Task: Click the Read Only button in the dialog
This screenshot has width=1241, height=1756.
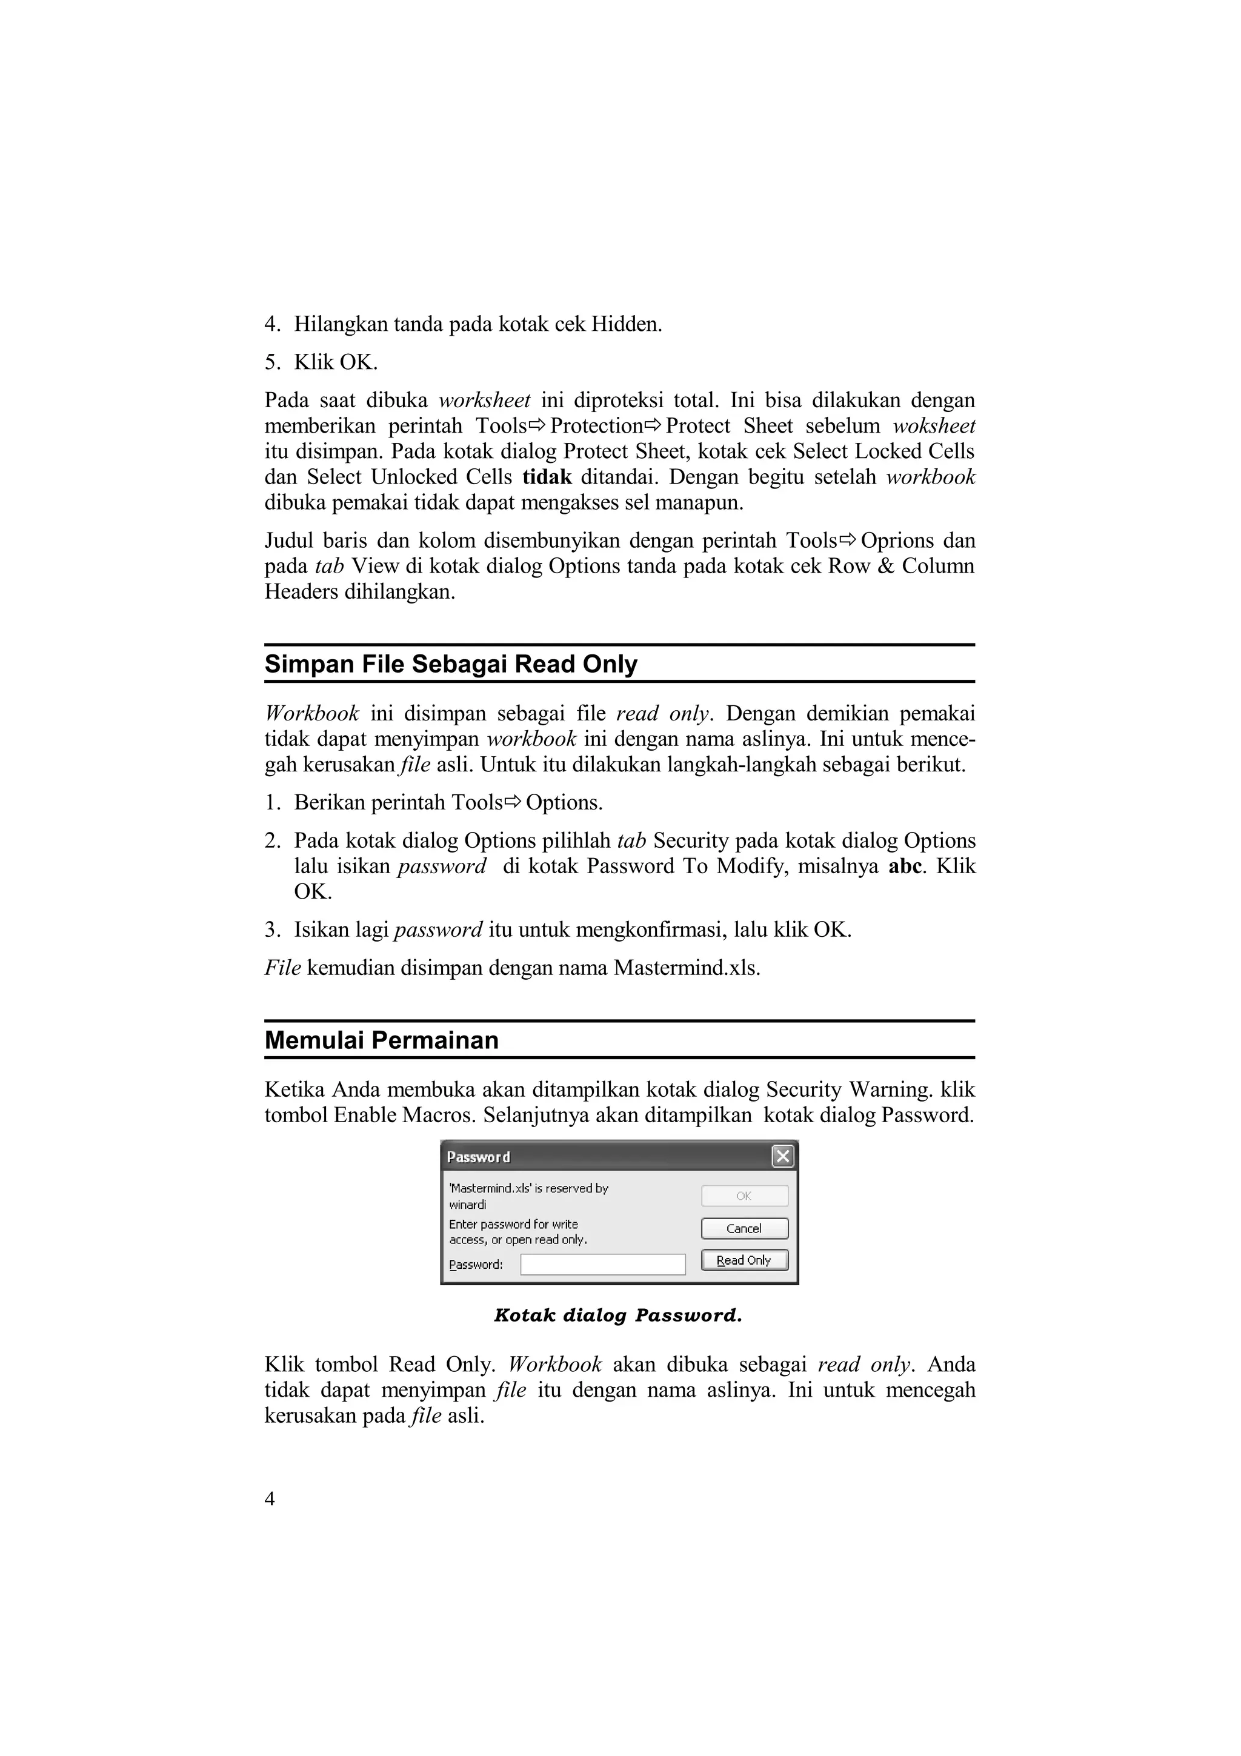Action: [744, 1260]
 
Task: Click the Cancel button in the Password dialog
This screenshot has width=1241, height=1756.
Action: [744, 1228]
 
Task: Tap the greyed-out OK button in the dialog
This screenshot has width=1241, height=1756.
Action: [744, 1196]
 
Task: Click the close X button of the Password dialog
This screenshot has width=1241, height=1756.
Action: [782, 1156]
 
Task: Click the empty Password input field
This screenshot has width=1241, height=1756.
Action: [602, 1264]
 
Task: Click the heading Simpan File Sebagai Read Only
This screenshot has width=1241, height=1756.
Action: [450, 664]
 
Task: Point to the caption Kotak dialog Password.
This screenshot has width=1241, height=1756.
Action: [618, 1315]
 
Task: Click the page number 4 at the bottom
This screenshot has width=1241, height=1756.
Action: [269, 1499]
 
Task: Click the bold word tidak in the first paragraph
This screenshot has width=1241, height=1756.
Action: [547, 477]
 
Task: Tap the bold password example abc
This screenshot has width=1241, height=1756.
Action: [905, 866]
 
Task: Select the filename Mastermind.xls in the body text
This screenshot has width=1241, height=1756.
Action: [686, 968]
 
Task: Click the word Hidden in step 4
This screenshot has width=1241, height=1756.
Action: [625, 324]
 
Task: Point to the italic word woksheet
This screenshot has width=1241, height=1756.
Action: [934, 426]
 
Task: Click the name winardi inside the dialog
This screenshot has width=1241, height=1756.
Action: [467, 1205]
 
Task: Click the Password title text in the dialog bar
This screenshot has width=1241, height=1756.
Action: [478, 1157]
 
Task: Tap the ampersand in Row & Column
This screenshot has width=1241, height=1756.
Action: [886, 567]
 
